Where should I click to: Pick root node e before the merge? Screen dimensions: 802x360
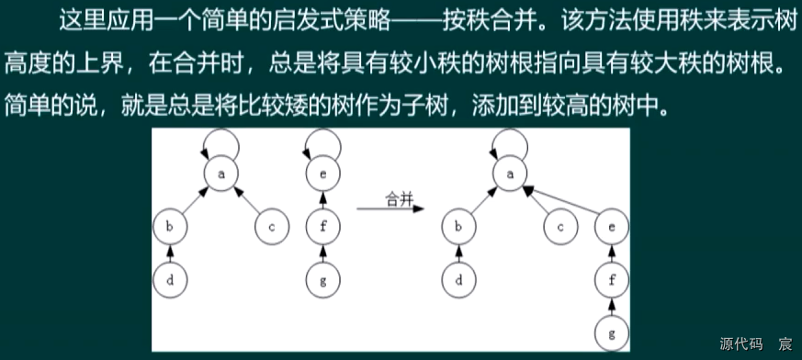tap(322, 171)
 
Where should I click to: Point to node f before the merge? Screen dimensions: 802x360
tap(322, 225)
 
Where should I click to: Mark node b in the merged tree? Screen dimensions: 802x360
tap(458, 225)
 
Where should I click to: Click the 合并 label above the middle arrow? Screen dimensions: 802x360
tap(400, 197)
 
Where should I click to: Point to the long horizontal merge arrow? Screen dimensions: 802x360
tap(390, 209)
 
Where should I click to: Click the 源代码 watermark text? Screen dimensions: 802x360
tap(742, 344)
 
